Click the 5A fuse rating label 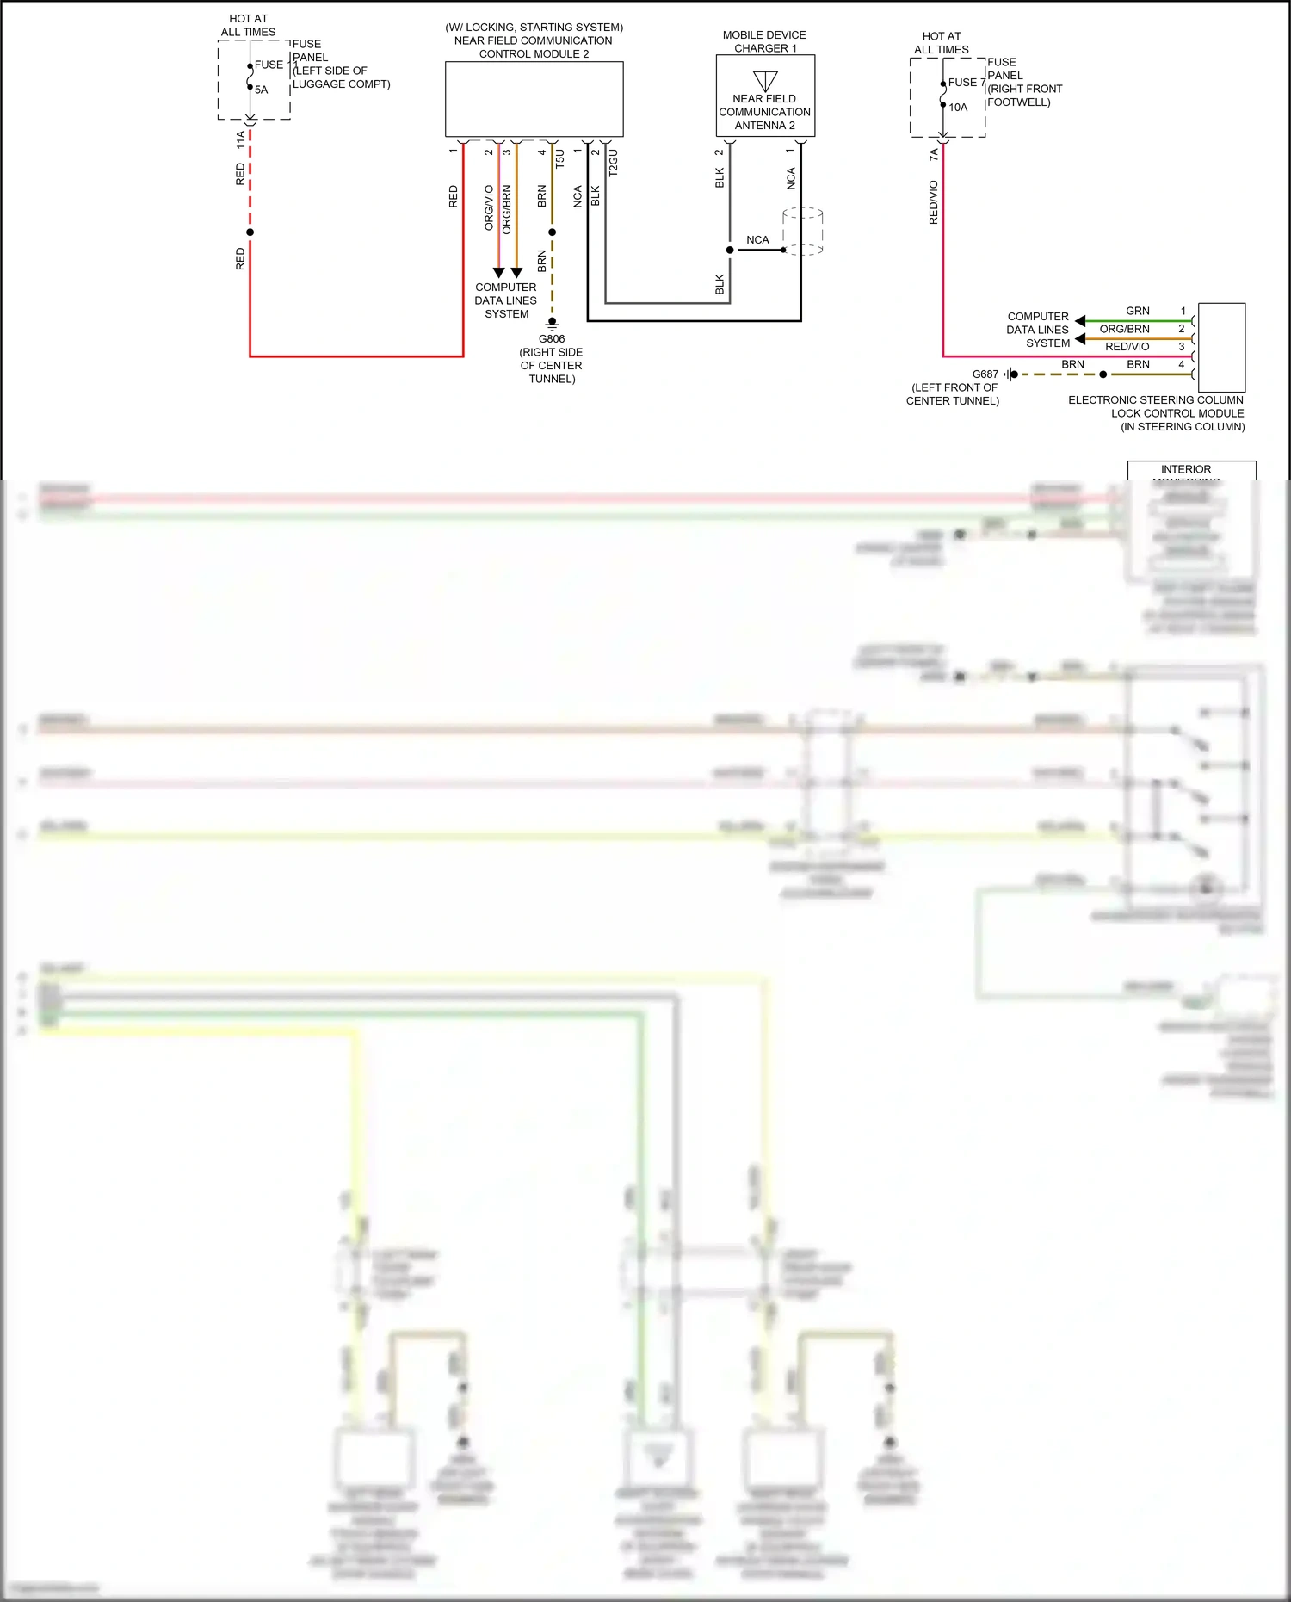click(x=261, y=90)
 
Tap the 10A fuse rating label click(x=958, y=108)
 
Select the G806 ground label click(x=552, y=339)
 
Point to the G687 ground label click(x=985, y=374)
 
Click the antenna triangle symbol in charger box click(x=765, y=81)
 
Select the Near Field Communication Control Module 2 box click(x=534, y=99)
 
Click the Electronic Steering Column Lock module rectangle click(x=1221, y=348)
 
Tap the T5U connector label click(x=559, y=158)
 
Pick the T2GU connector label click(x=614, y=163)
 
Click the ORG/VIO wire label click(x=489, y=207)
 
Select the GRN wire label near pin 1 click(x=1137, y=311)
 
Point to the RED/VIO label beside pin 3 click(x=1127, y=347)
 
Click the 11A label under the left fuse click(x=240, y=140)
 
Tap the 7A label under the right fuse click(x=934, y=155)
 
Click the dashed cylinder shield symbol click(x=803, y=231)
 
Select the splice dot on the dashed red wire click(x=250, y=232)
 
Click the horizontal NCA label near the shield click(x=757, y=240)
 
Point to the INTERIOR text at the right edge click(x=1185, y=469)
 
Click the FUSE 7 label click(x=966, y=83)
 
